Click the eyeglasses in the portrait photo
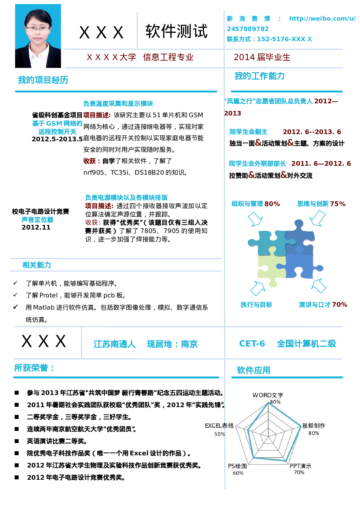[38, 29]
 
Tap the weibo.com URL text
[322, 19]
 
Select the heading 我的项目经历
[43, 80]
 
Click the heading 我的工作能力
[259, 76]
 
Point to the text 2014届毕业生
[262, 57]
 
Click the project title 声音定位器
[37, 220]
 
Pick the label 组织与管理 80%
[255, 204]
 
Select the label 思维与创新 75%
[321, 204]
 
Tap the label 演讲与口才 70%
[323, 304]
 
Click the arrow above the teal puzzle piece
[255, 219]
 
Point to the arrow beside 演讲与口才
[319, 286]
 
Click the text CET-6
[252, 344]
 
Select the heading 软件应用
[253, 370]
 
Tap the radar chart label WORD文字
[268, 395]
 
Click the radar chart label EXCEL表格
[219, 426]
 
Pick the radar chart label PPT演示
[300, 466]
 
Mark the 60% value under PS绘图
[238, 473]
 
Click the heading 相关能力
[37, 265]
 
